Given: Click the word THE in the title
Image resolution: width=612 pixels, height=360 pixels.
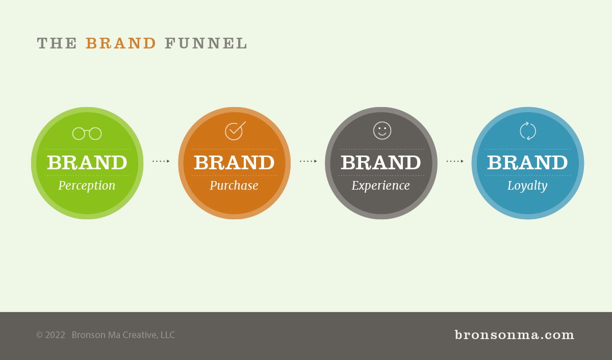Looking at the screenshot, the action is click(57, 43).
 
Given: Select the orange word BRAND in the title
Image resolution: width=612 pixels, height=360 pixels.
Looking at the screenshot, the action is click(121, 43).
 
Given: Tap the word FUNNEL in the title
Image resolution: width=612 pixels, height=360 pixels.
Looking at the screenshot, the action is click(206, 43).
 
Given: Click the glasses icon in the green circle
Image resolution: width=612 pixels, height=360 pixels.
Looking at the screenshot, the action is click(87, 133).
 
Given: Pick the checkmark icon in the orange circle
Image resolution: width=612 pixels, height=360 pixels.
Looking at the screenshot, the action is click(235, 131).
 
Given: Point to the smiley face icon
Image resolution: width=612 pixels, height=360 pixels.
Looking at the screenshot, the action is click(382, 131).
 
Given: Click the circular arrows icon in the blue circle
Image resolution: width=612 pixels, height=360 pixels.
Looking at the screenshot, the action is click(528, 131).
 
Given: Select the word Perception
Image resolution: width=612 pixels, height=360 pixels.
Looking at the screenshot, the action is click(87, 186).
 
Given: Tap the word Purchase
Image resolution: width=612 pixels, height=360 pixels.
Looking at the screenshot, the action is click(234, 186).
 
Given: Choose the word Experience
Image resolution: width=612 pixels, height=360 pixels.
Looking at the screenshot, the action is click(380, 186).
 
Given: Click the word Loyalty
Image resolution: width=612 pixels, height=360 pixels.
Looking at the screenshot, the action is click(527, 186).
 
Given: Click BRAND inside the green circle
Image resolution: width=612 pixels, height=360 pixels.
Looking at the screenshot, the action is click(87, 163).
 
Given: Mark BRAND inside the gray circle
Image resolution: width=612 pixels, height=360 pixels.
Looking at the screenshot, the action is click(381, 163).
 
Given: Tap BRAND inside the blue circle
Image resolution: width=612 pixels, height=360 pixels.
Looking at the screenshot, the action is click(527, 163).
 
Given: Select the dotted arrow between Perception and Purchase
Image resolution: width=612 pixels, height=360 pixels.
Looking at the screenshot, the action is click(161, 161).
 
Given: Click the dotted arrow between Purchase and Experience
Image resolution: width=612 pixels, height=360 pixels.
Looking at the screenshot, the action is click(308, 161).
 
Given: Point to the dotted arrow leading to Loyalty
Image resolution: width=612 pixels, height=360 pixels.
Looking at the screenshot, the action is click(455, 161).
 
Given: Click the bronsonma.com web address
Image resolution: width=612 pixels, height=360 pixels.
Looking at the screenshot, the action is click(515, 335).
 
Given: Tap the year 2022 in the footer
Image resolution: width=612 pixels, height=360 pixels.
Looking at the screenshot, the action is click(55, 335).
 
